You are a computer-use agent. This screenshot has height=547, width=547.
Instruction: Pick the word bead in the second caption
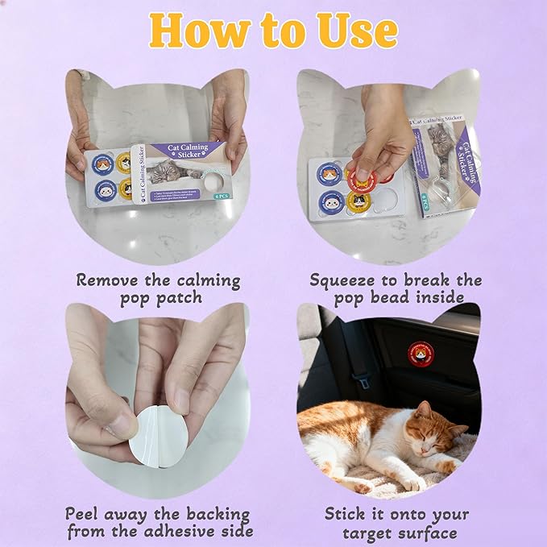[x=386, y=298]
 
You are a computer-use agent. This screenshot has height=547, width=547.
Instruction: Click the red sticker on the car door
[x=420, y=352]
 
